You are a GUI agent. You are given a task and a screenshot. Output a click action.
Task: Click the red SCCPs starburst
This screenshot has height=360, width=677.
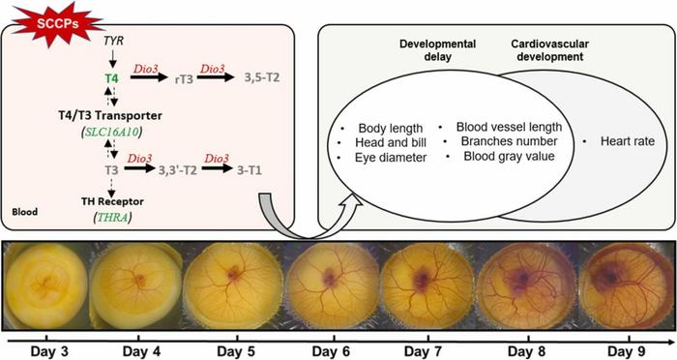(57, 24)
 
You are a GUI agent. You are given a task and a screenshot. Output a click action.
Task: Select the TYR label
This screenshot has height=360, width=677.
(113, 41)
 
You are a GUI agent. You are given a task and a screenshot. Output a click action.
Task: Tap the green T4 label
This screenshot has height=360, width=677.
(111, 78)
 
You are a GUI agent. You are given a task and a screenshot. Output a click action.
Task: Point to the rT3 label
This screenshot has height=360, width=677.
(184, 79)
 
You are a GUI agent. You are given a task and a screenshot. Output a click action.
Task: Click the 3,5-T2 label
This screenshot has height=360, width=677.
(262, 77)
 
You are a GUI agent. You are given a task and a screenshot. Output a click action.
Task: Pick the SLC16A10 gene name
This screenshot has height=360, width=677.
(113, 133)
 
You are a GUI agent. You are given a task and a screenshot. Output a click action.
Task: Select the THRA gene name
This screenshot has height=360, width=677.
(113, 217)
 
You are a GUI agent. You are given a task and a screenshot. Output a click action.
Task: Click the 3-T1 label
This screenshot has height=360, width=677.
(250, 170)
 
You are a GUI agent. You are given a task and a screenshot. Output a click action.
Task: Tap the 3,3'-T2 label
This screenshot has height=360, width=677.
(177, 170)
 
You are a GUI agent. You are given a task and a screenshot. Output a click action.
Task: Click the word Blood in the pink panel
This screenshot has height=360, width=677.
(24, 212)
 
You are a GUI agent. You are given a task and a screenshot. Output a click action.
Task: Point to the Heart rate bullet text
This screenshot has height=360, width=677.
(628, 141)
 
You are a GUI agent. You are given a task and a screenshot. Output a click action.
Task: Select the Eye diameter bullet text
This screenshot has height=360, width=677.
(391, 158)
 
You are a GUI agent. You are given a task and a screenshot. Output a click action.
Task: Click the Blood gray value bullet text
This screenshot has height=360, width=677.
(509, 156)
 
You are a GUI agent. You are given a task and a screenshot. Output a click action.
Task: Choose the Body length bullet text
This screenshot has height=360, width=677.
(391, 129)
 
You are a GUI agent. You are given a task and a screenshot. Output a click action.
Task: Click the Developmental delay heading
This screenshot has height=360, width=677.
(437, 50)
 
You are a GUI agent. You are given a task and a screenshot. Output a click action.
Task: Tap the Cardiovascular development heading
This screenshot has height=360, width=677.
(549, 50)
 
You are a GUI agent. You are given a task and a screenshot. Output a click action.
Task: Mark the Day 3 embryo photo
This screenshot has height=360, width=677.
(46, 285)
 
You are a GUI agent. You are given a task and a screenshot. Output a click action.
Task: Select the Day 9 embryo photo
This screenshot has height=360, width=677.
(626, 285)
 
